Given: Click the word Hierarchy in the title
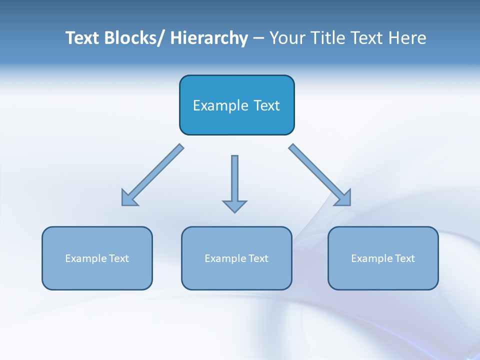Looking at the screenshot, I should coord(209,38).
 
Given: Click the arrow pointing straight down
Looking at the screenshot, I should coord(234,180).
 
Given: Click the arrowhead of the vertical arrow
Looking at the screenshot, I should coord(234,205).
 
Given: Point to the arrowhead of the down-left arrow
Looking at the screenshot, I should coord(128,198).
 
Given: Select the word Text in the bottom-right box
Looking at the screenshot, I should coord(404,258).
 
